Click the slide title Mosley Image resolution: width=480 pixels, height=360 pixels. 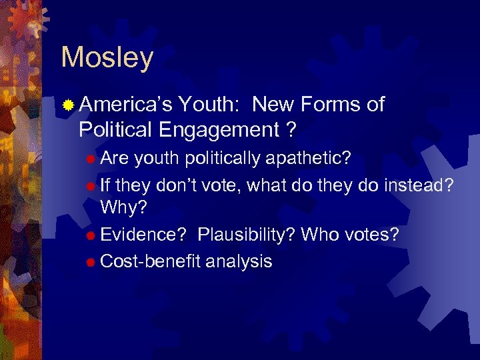point(107,58)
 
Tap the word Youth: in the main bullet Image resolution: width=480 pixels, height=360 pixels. point(211,105)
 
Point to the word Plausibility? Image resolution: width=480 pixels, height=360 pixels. point(246,235)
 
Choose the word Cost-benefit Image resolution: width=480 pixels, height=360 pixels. point(150,261)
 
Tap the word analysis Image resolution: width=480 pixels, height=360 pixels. point(239,261)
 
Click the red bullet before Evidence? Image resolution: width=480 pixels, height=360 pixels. point(91,235)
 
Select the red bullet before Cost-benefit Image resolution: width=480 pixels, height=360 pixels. point(91,261)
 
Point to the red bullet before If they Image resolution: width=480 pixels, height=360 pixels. point(91,185)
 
